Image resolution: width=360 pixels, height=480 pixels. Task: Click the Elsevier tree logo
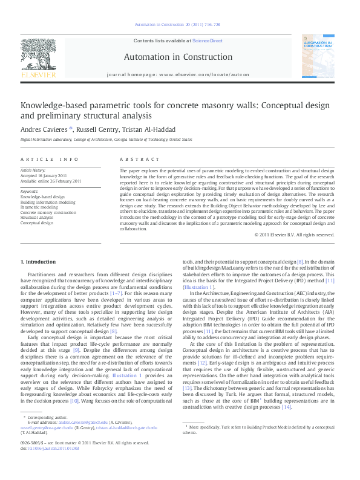point(38,57)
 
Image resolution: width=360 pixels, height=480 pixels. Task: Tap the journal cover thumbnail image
point(321,58)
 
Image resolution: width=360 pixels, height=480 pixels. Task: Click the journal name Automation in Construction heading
point(177,57)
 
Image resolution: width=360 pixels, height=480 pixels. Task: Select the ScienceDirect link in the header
point(207,41)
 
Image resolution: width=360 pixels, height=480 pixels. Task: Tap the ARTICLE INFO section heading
point(50,159)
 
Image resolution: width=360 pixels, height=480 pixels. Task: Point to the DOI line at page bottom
point(49,465)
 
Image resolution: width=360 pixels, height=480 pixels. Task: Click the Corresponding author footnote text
point(46,434)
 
